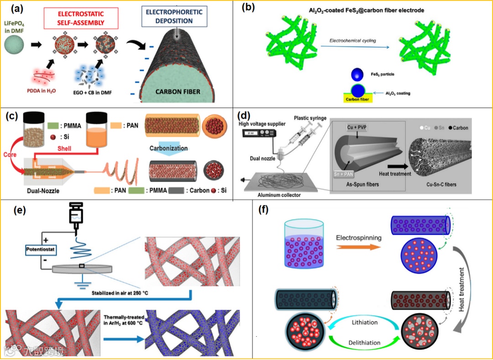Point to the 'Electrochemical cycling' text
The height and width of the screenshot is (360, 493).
point(353,41)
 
